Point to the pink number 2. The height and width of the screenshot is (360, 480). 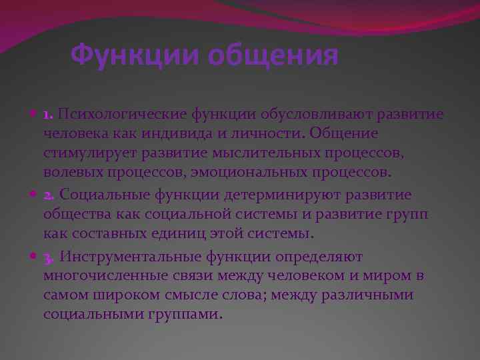point(49,195)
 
